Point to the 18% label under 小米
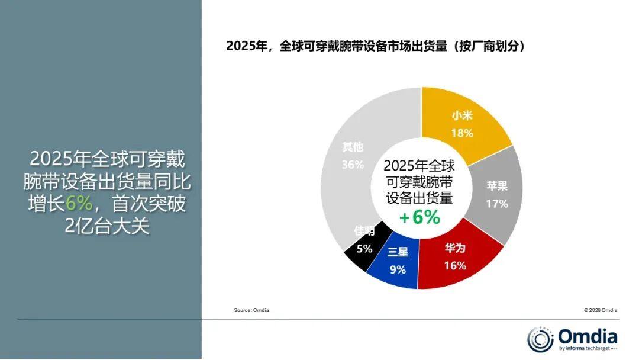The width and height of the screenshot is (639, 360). (462, 133)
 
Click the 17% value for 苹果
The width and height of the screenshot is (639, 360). (497, 204)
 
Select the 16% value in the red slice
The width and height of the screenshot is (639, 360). (455, 266)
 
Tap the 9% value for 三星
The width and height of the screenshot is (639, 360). (398, 270)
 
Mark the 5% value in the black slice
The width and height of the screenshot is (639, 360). (364, 249)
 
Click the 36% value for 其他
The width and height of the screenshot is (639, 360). (353, 165)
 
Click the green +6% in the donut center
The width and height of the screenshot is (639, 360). (419, 217)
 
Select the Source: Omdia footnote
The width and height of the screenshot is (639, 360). (251, 310)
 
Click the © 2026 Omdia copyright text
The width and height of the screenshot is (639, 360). (601, 310)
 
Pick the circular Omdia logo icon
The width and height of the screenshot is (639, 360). (540, 339)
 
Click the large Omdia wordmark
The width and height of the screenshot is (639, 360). (588, 336)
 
